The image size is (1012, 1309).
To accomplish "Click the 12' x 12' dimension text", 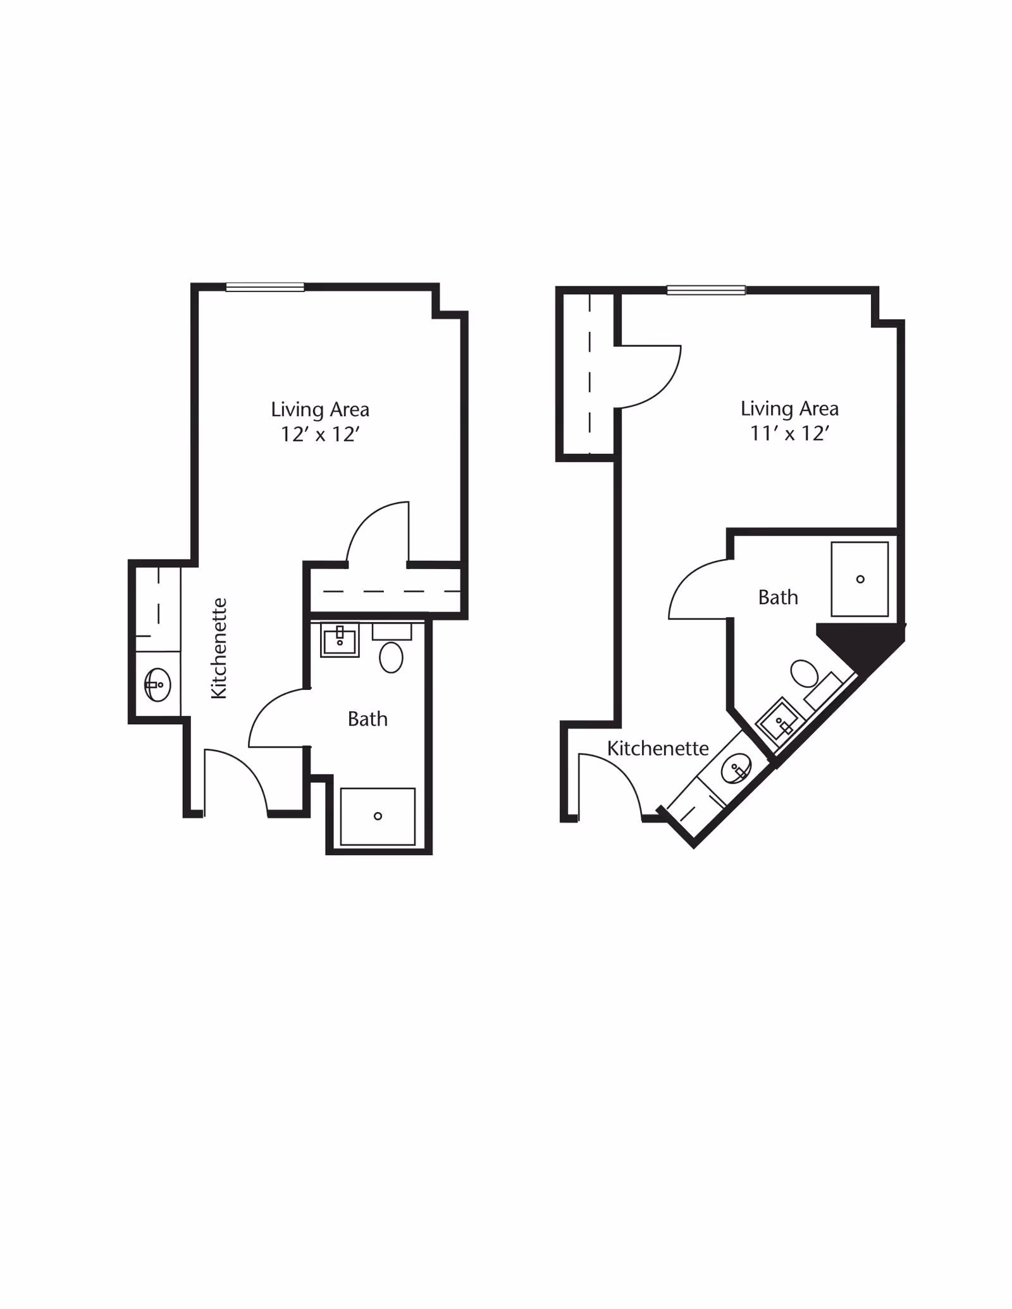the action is tap(320, 434).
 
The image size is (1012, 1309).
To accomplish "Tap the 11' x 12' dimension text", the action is tap(789, 433).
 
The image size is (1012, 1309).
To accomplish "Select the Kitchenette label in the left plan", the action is tap(219, 648).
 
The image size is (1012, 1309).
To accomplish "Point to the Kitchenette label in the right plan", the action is tap(658, 748).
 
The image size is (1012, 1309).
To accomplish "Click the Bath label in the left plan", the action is tap(367, 719).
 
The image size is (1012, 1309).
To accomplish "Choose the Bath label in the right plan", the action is tap(778, 598).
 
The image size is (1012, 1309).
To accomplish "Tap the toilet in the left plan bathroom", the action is tap(391, 657).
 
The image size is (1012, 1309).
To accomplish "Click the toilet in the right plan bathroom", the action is tap(805, 673).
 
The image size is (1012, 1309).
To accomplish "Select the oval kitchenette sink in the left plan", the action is tap(157, 684).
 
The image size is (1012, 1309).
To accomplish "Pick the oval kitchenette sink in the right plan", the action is tap(736, 769).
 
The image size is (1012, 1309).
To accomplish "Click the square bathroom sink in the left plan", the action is tap(340, 640).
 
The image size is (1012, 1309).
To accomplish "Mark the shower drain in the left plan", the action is tap(378, 816).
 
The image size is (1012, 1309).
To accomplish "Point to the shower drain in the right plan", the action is tap(860, 579).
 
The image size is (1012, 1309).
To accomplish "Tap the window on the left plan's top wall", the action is tap(265, 287).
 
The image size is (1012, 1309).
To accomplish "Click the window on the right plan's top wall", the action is tap(706, 290).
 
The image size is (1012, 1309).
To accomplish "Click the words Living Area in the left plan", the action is tap(320, 410).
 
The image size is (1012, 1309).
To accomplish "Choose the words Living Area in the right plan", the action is tap(789, 409).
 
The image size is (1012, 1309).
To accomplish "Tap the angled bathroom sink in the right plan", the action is tap(781, 721).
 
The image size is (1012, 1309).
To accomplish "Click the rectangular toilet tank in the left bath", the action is tap(392, 631).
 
